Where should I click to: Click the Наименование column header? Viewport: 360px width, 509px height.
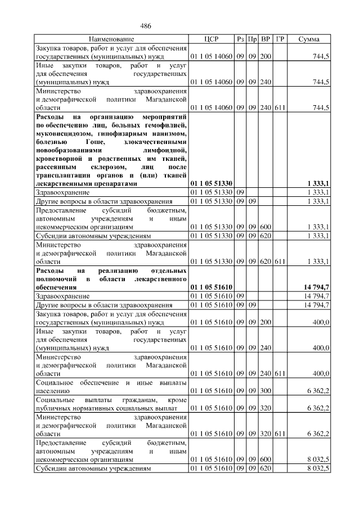(111, 39)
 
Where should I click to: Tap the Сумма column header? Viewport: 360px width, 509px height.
(309, 39)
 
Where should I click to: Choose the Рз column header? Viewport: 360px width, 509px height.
(241, 39)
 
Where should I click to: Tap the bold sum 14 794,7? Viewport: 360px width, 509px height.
(316, 287)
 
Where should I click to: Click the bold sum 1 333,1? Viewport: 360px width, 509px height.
(318, 183)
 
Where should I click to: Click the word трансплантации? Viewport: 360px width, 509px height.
(63, 175)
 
